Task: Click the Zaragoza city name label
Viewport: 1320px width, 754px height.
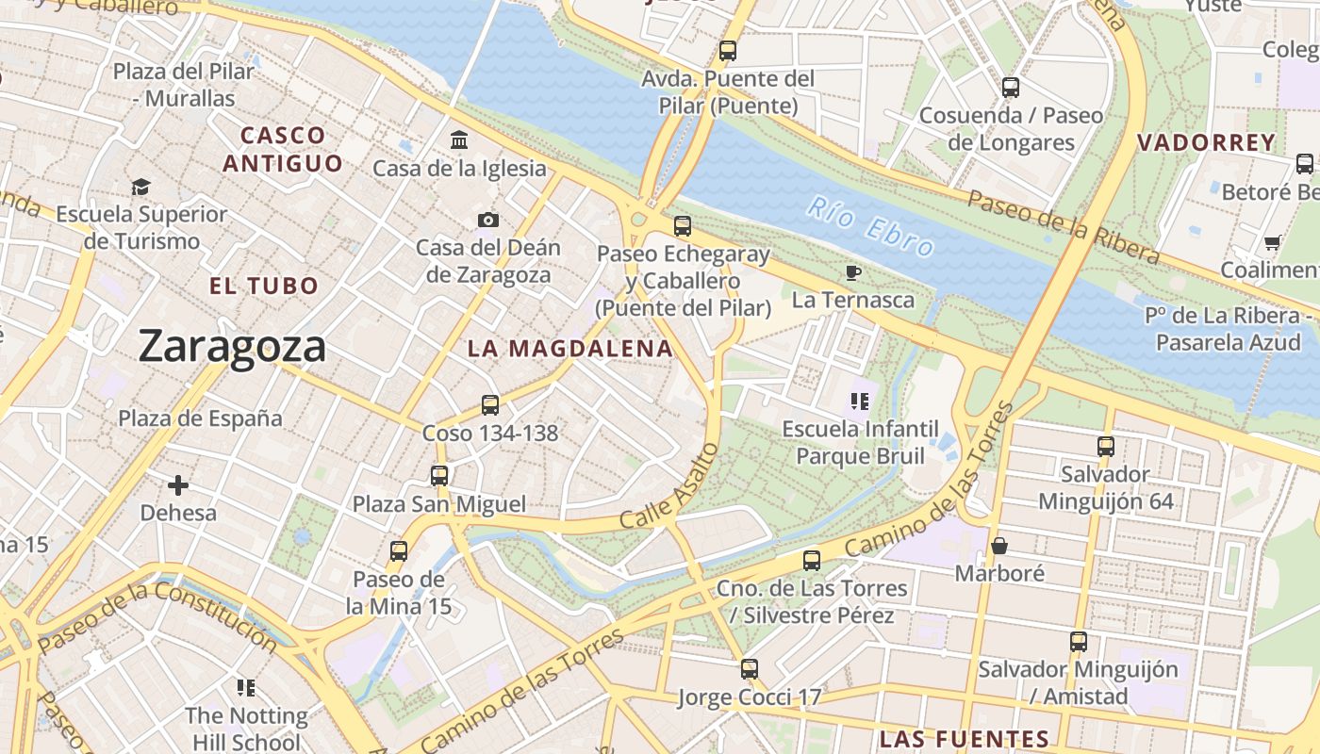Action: point(232,346)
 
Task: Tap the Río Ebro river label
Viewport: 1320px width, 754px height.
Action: point(872,226)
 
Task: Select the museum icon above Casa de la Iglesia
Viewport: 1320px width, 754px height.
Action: point(459,140)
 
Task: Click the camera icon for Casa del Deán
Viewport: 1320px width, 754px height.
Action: point(487,220)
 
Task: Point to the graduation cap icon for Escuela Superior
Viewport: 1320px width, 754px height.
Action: point(140,187)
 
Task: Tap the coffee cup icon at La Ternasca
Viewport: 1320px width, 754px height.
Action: point(852,272)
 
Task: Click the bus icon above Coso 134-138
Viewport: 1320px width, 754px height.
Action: point(489,405)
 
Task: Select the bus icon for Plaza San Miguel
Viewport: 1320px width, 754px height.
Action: point(439,476)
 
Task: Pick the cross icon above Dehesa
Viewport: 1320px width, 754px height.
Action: point(177,485)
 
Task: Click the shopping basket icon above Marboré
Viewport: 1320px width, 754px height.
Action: point(999,546)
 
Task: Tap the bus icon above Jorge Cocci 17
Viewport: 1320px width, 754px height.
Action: point(749,669)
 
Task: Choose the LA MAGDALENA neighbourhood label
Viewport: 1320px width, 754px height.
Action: point(570,349)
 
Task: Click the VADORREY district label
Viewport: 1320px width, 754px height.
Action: point(1206,143)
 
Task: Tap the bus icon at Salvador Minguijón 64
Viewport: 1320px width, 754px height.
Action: point(1105,446)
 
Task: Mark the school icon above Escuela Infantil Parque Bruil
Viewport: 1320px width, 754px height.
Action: point(858,402)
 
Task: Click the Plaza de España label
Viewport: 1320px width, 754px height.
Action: point(200,418)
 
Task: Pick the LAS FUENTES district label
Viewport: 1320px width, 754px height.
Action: point(964,739)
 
